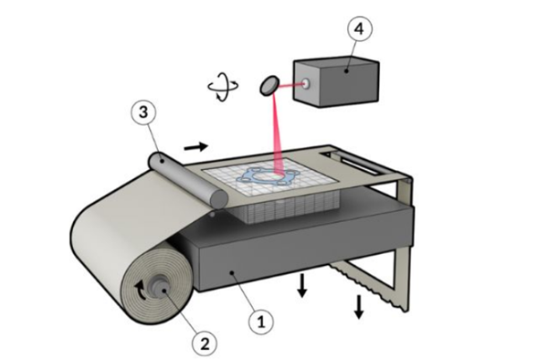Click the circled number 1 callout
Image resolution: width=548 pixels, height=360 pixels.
[x=261, y=322]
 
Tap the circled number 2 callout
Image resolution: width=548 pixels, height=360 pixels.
[x=205, y=344]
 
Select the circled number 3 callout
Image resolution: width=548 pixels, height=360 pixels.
[x=143, y=112]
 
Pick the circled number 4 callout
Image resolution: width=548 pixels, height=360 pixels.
[x=360, y=29]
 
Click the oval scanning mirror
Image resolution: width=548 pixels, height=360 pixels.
[x=269, y=86]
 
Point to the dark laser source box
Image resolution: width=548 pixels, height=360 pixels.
[x=336, y=82]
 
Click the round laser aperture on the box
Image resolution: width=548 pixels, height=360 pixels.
[x=307, y=84]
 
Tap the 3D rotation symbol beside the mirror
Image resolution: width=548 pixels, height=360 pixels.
[x=223, y=87]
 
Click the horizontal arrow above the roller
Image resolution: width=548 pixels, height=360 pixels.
[x=196, y=147]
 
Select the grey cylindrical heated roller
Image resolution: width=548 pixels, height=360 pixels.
[x=188, y=180]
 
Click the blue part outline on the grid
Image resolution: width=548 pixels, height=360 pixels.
[x=267, y=176]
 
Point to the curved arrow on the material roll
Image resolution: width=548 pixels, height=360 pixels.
[x=140, y=290]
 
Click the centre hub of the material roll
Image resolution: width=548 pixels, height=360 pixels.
[x=161, y=288]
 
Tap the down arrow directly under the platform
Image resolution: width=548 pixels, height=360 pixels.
[x=302, y=286]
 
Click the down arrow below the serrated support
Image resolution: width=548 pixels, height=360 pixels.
[x=359, y=307]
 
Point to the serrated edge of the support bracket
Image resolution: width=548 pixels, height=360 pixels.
[x=368, y=286]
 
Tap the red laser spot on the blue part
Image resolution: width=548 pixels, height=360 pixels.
[x=280, y=174]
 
